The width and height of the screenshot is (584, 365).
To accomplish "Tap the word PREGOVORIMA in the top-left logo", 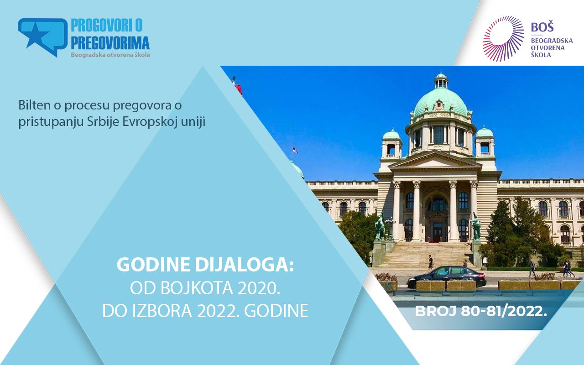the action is pyautogui.click(x=110, y=43).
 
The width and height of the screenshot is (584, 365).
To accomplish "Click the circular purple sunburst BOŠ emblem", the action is pyautogui.click(x=503, y=38).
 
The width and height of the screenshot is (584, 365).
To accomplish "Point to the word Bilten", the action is pyautogui.click(x=34, y=105).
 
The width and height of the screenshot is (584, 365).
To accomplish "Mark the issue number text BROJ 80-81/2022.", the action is pyautogui.click(x=481, y=311).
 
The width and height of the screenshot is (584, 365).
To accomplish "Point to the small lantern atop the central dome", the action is pyautogui.click(x=441, y=80).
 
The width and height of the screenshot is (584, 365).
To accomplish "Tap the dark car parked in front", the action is pyautogui.click(x=447, y=277).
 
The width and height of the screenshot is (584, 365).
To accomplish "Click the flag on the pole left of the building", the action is pyautogui.click(x=294, y=150).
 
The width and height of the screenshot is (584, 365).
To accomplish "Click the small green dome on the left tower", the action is pyautogui.click(x=391, y=134).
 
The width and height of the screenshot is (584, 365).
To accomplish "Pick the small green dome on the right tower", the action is pyautogui.click(x=485, y=132).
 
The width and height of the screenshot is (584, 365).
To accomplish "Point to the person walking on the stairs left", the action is pyautogui.click(x=430, y=262).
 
